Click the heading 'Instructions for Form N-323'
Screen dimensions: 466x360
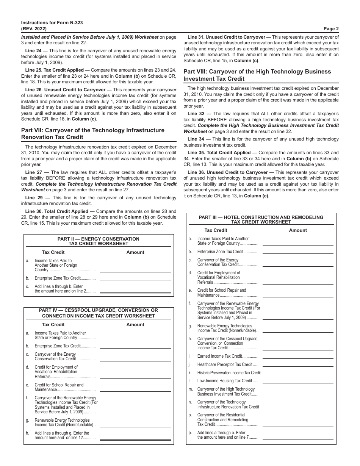pyautogui.click(x=52, y=23)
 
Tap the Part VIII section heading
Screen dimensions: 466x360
pyautogui.click(x=257, y=75)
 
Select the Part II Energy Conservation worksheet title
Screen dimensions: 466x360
pyautogui.click(x=98, y=241)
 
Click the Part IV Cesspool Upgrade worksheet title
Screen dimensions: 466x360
pyautogui.click(x=98, y=313)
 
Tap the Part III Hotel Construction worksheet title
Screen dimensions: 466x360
pyautogui.click(x=261, y=220)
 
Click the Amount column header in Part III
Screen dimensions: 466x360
pyautogui.click(x=298, y=230)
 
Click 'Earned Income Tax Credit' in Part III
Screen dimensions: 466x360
pyautogui.click(x=227, y=356)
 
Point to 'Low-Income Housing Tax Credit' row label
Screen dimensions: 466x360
pyautogui.click(x=227, y=381)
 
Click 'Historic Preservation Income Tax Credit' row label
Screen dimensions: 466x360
pyautogui.click(x=229, y=373)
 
